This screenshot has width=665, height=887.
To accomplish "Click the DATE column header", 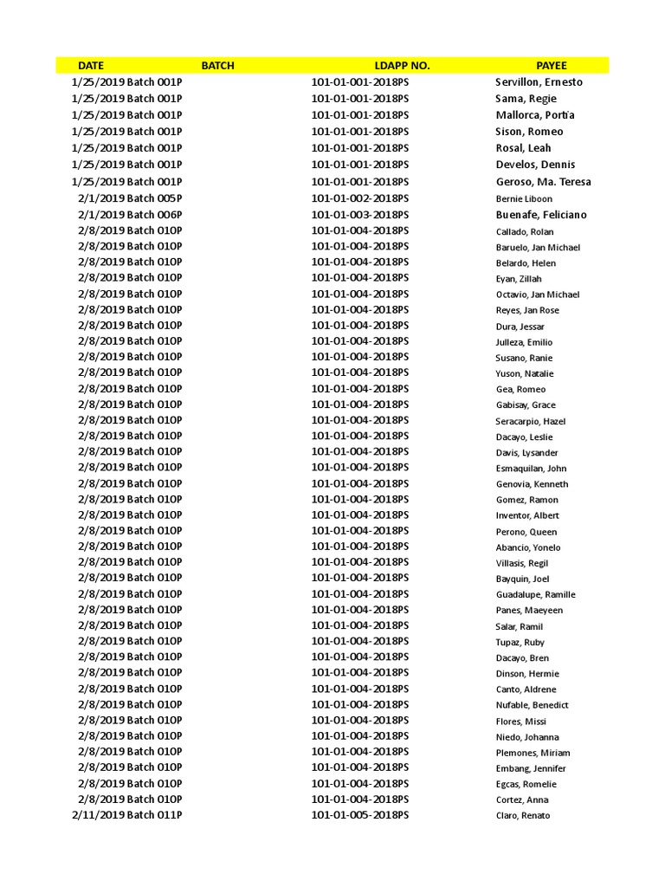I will click(x=90, y=65).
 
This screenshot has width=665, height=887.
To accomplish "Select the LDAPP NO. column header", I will click(x=402, y=65).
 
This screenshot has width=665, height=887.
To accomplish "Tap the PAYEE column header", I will click(x=552, y=65).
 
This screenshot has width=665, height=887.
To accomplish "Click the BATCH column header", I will click(x=217, y=65).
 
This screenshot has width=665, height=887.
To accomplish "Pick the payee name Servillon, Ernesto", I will click(x=539, y=82).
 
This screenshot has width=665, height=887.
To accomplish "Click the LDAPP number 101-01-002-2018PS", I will click(x=360, y=198).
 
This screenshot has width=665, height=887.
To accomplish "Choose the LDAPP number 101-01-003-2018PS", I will click(x=360, y=215).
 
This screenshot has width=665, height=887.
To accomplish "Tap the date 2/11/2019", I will click(x=98, y=815).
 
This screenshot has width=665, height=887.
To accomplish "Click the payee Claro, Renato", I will click(x=522, y=815).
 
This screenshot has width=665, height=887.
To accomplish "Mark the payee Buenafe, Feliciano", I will click(x=540, y=215).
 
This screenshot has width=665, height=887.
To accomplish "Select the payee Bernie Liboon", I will click(x=524, y=199).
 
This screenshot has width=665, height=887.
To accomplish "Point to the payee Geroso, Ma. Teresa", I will click(x=543, y=182).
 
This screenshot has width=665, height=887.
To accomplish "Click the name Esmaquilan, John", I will click(x=531, y=469).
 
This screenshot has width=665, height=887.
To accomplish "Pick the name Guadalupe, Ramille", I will click(x=535, y=595).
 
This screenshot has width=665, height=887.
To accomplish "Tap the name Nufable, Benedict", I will click(x=532, y=705).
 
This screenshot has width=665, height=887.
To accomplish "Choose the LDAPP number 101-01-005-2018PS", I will click(x=360, y=815).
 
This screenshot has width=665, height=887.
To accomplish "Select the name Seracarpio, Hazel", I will click(x=531, y=421).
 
